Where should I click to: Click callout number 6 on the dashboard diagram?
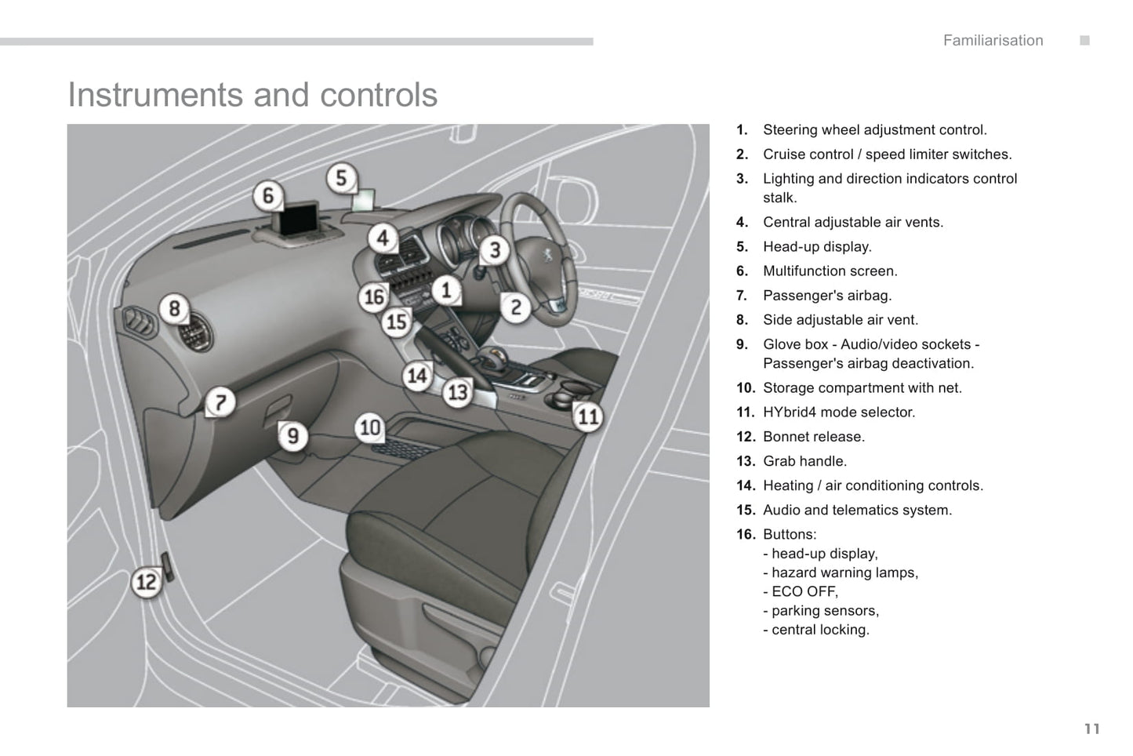pyautogui.click(x=268, y=196)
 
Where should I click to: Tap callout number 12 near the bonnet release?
pyautogui.click(x=147, y=582)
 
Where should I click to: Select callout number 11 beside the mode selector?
pyautogui.click(x=587, y=416)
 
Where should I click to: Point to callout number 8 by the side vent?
pyautogui.click(x=174, y=308)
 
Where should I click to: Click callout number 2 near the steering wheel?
pyautogui.click(x=515, y=307)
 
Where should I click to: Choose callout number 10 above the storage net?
pyautogui.click(x=369, y=427)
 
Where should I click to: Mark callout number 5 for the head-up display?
pyautogui.click(x=341, y=178)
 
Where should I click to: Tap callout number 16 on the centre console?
pyautogui.click(x=374, y=296)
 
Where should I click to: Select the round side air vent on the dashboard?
pyautogui.click(x=192, y=334)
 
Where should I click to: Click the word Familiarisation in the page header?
pyautogui.click(x=993, y=41)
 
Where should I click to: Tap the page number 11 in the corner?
pyautogui.click(x=1092, y=729)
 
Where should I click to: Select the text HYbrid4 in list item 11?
pyautogui.click(x=791, y=413)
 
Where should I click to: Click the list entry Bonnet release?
pyautogui.click(x=813, y=437)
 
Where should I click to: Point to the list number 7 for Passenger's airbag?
pyautogui.click(x=741, y=296)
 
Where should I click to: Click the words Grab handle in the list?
pyautogui.click(x=804, y=461)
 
